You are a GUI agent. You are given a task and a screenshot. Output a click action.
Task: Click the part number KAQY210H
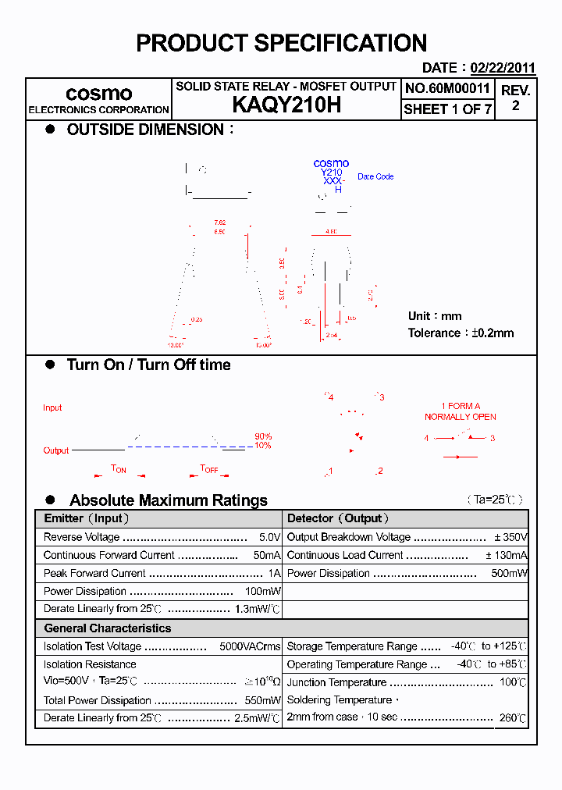[286, 106]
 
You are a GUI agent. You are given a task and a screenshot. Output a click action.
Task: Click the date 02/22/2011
[503, 68]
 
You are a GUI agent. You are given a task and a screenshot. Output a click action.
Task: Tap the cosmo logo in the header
[98, 94]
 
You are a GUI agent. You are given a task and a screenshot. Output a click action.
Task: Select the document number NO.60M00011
[447, 88]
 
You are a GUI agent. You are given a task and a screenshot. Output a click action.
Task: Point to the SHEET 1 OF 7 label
[447, 109]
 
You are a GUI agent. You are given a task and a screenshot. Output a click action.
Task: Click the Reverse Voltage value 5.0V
[269, 537]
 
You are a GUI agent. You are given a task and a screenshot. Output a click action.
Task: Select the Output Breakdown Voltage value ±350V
[510, 537]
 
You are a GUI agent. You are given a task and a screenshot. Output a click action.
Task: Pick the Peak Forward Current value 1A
[274, 573]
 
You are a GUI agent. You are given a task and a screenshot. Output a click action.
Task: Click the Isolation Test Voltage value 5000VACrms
[250, 646]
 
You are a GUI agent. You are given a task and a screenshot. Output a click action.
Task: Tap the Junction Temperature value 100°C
[513, 682]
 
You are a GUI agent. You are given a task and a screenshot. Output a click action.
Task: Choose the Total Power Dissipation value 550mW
[262, 700]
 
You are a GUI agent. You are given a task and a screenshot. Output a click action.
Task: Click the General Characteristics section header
[107, 628]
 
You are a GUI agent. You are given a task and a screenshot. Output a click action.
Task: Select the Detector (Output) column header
[338, 518]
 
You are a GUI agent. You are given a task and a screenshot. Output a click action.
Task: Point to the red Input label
[52, 407]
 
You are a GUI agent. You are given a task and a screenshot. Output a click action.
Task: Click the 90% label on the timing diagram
[263, 436]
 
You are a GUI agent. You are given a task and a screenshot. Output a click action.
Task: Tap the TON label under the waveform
[119, 469]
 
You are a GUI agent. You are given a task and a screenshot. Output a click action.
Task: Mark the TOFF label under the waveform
[209, 469]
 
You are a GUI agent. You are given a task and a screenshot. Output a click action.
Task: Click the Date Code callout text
[375, 176]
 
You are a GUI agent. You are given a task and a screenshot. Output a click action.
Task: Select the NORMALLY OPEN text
[460, 417]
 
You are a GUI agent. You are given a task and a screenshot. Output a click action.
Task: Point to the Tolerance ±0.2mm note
[461, 333]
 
